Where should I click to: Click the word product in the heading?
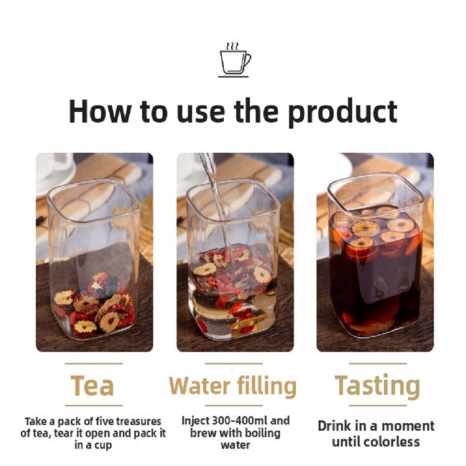point(342,112)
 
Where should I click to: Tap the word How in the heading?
point(100,111)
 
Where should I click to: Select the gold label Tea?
point(93,385)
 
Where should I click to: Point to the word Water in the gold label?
point(199,385)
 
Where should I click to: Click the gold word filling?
point(267,386)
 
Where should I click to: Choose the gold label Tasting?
point(377,386)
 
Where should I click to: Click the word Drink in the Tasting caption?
point(334,426)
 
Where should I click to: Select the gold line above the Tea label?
point(94,363)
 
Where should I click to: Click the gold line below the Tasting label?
point(378,405)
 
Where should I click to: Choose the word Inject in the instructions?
point(195,421)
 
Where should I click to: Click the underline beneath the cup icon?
point(233,76)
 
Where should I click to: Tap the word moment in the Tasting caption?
point(413,426)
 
